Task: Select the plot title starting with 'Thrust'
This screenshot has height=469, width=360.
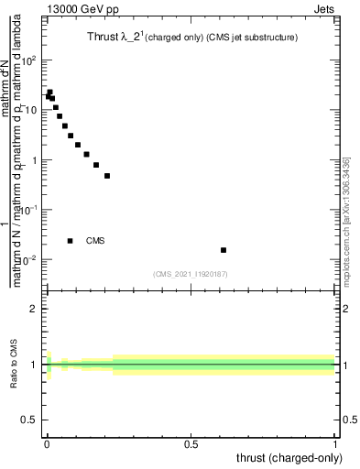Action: pyautogui.click(x=186, y=37)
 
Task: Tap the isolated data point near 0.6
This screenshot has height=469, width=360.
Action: pyautogui.click(x=224, y=250)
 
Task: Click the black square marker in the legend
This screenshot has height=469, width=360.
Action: pyautogui.click(x=71, y=241)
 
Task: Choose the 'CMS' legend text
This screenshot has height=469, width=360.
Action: pyautogui.click(x=95, y=241)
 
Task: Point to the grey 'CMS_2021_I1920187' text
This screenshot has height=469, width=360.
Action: pyautogui.click(x=190, y=274)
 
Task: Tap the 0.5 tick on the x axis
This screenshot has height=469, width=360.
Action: pyautogui.click(x=191, y=442)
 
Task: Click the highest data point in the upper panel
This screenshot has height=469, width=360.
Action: pyautogui.click(x=49, y=92)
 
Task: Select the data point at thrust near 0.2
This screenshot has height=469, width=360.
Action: pyautogui.click(x=107, y=176)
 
